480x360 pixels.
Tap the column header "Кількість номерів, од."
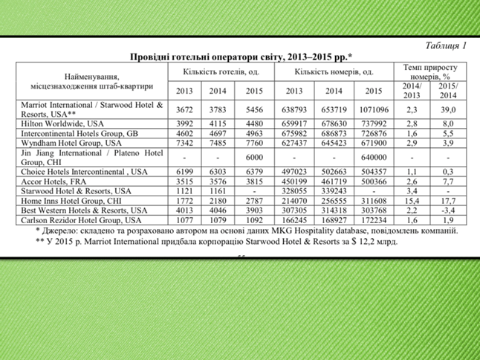(334, 72)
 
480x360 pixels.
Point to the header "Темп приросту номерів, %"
(430, 71)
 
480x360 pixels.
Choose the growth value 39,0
(447, 109)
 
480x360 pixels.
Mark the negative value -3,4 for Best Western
(447, 210)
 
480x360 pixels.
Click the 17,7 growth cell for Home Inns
(447, 201)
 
